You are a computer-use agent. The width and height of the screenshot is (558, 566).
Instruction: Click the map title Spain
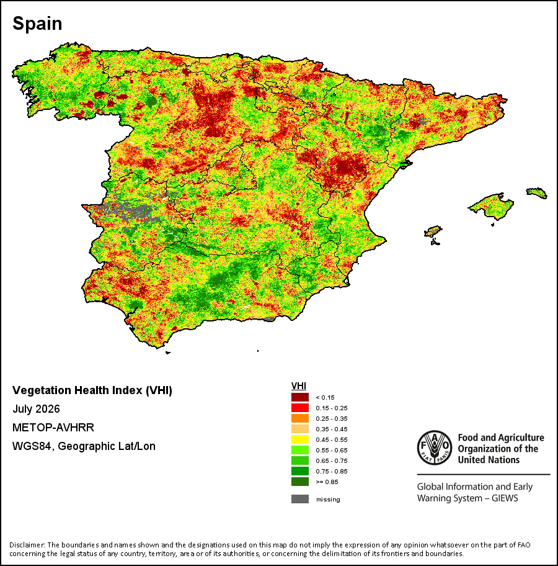click(37, 24)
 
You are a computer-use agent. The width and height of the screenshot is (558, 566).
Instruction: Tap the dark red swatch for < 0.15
click(300, 397)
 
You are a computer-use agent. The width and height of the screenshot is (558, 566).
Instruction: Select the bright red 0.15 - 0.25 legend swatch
click(300, 408)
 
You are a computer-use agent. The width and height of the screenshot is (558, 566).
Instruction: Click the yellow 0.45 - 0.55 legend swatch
click(300, 439)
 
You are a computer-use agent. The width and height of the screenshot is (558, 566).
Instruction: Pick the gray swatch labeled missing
click(300, 499)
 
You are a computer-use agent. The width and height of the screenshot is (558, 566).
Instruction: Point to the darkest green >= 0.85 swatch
click(300, 482)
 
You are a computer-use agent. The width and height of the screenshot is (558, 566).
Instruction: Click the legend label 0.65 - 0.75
click(332, 461)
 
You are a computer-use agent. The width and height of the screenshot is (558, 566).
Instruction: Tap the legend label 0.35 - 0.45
click(332, 429)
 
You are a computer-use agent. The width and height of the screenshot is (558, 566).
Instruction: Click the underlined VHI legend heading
click(299, 386)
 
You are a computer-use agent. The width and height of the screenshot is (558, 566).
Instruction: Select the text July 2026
click(36, 409)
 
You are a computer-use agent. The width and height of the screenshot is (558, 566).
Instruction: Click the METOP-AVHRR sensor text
click(53, 428)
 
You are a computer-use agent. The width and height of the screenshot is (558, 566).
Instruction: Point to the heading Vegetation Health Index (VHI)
click(92, 390)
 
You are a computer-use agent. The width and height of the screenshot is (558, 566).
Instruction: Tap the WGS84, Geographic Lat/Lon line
click(84, 446)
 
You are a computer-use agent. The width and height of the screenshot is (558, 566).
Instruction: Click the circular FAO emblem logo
click(435, 447)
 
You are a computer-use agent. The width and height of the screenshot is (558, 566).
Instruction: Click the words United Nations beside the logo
click(489, 460)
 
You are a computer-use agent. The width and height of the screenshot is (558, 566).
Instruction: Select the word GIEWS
click(505, 498)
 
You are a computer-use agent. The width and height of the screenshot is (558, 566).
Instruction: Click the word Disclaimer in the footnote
click(27, 545)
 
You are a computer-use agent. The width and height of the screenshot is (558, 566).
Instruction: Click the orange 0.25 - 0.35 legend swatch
click(300, 418)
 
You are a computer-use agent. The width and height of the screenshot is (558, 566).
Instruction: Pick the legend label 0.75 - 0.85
click(332, 472)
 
